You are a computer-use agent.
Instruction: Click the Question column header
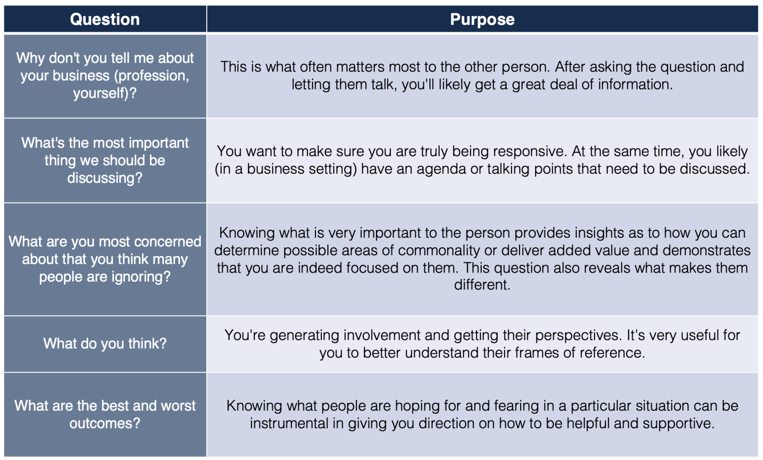(x=105, y=19)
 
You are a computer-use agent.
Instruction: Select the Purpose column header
(x=482, y=19)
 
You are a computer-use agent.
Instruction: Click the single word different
(x=482, y=285)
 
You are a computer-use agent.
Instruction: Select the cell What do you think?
(x=105, y=344)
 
